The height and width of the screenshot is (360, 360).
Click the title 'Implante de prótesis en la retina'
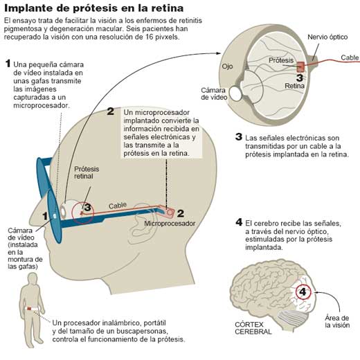click(94, 8)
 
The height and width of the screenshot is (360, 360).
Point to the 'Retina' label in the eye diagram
click(296, 87)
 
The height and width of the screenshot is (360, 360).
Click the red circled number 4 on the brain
click(303, 292)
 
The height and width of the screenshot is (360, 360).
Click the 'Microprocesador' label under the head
click(170, 224)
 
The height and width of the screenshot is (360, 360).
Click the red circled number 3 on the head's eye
click(87, 207)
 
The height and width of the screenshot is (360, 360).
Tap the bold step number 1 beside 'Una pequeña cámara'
click(8, 64)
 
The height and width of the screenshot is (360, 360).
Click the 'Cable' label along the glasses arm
click(118, 206)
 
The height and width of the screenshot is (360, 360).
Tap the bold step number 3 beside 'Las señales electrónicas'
click(238, 137)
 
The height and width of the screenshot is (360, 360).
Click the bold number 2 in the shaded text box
click(111, 111)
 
